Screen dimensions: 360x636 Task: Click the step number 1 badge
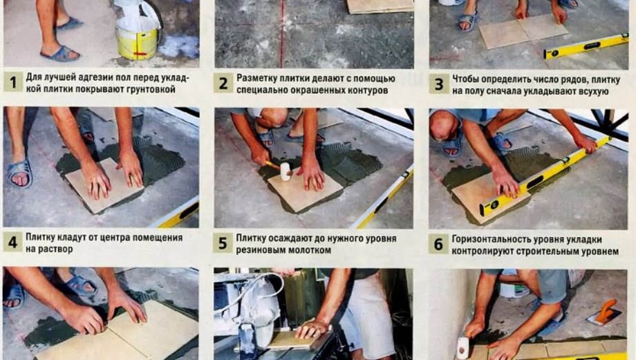[12, 82]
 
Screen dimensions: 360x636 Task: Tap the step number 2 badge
[223, 84]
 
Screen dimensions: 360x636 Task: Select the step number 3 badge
[438, 84]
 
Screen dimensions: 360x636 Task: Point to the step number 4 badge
[12, 242]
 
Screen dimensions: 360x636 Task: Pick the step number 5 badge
[223, 243]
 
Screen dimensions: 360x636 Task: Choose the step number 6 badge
[438, 243]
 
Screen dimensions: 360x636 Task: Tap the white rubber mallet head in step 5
[283, 171]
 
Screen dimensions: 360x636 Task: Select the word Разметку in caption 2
[259, 78]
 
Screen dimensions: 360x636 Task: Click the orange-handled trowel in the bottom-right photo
[604, 312]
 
